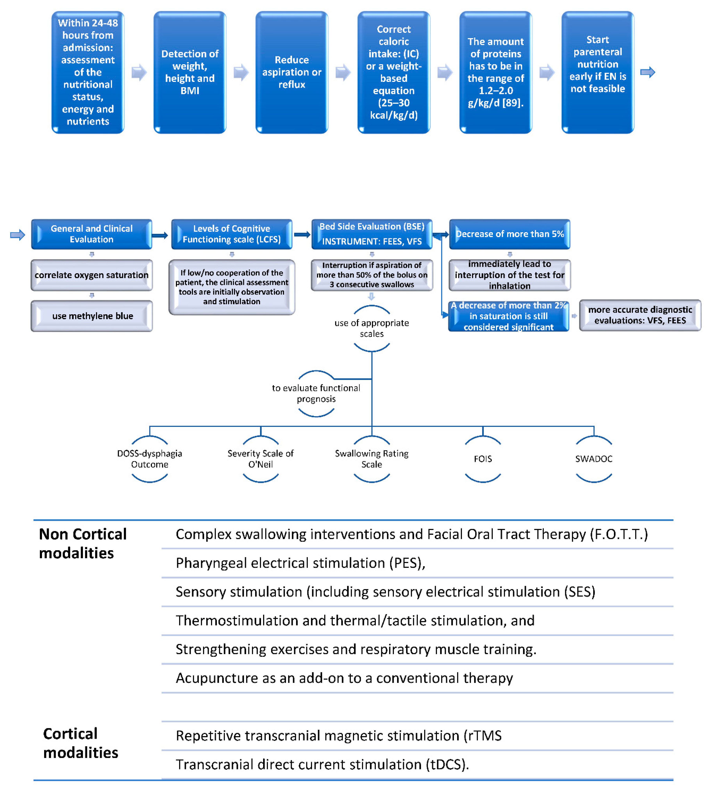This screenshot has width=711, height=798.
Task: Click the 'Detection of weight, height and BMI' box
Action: (190, 72)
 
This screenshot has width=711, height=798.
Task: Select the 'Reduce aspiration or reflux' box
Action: (292, 72)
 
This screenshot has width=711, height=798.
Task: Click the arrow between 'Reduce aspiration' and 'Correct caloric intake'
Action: (343, 72)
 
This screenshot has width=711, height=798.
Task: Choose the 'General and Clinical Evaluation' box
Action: (91, 234)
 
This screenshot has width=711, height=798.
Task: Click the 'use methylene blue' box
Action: (92, 316)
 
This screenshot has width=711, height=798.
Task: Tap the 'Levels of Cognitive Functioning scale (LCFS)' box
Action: (232, 234)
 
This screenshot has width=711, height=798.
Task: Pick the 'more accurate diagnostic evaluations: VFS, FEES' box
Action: (640, 315)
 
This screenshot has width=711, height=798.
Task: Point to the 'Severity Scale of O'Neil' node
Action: (261, 459)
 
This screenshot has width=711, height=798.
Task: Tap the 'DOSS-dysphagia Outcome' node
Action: (150, 459)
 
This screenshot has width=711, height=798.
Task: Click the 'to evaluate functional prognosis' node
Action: (316, 393)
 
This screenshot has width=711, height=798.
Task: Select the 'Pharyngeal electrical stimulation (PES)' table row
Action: (300, 563)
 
